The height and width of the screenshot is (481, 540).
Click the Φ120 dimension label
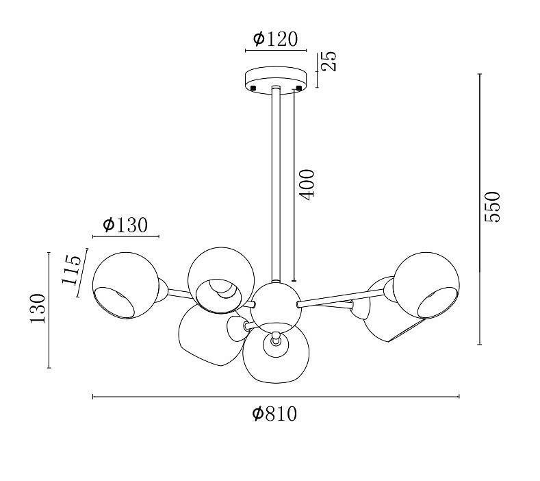(x=275, y=39)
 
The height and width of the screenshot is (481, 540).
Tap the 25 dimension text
(x=329, y=61)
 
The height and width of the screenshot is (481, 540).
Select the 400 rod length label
(x=307, y=184)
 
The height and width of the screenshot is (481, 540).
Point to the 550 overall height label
(x=491, y=207)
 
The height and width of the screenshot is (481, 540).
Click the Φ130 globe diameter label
(x=125, y=225)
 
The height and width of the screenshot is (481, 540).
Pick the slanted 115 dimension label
(x=72, y=270)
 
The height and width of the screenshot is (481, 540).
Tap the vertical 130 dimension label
(x=38, y=308)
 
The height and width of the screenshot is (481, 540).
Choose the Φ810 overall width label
(x=274, y=413)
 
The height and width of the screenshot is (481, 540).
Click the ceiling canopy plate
(x=276, y=79)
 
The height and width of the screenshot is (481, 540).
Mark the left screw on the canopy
(x=253, y=88)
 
